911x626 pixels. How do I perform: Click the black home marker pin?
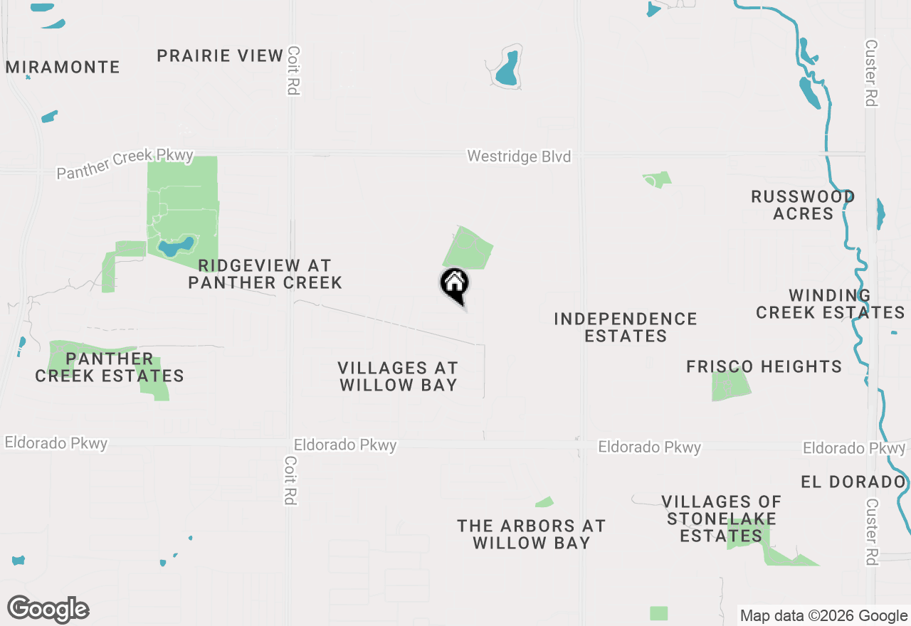click(454, 285)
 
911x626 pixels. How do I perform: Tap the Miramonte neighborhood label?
click(63, 68)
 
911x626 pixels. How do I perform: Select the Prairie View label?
click(220, 55)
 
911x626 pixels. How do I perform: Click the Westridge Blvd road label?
click(519, 156)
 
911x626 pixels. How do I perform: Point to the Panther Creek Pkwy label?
click(125, 164)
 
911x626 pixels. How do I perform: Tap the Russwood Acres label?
click(803, 205)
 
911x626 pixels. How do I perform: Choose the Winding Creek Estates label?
click(830, 304)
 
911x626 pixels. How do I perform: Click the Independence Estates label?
click(626, 327)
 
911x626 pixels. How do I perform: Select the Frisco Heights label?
click(764, 367)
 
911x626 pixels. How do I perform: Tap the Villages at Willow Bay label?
click(398, 376)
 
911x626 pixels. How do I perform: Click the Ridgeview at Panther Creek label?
click(265, 274)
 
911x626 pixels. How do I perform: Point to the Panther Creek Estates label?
click(110, 367)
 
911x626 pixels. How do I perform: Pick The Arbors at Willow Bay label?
click(531, 534)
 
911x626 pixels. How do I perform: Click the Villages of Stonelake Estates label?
click(721, 519)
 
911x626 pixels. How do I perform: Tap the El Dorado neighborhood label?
click(853, 482)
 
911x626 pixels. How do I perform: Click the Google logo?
click(48, 609)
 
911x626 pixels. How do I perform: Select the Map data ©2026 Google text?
click(823, 616)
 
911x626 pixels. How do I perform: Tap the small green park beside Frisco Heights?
click(730, 386)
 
